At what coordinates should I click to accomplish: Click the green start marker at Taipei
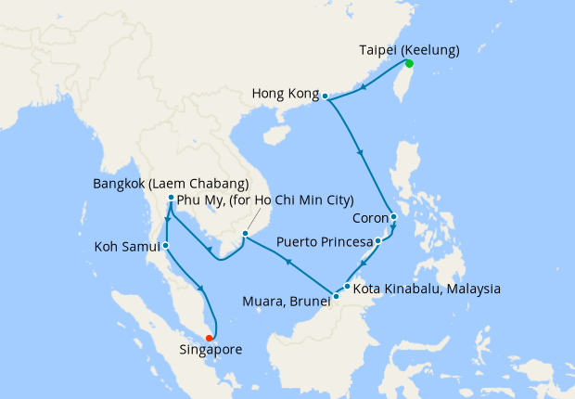pos(408,63)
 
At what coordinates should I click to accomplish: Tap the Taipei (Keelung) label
pos(408,49)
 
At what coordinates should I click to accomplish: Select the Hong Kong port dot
pos(326,95)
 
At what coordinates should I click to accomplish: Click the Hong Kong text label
pos(285,95)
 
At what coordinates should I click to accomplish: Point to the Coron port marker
pos(394,218)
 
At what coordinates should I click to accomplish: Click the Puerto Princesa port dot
pos(378,241)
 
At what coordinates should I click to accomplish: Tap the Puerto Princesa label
pos(324,242)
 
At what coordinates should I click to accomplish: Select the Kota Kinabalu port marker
pos(347,286)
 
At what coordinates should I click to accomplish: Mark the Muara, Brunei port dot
pos(336,296)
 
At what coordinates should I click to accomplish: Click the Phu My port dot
pos(245,234)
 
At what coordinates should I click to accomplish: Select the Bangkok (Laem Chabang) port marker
pos(172,198)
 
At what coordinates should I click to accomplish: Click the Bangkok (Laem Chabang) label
pos(171,183)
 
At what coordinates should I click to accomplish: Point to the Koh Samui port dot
pos(165,246)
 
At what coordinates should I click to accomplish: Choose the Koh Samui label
pos(127,247)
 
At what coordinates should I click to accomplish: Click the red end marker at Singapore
pos(210,338)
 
